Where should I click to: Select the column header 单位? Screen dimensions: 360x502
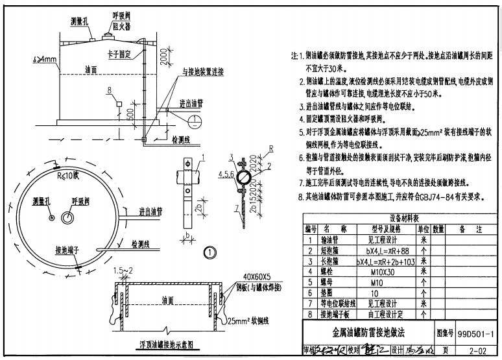[423, 229]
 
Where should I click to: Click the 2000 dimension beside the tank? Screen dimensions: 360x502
[152, 63]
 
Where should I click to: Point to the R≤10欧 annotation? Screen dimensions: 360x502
[68, 174]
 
